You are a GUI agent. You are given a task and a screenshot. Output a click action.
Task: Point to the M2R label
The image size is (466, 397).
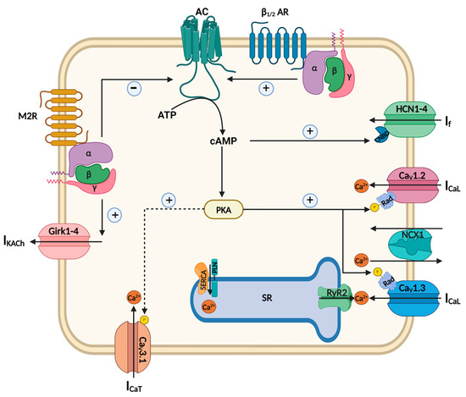point(40,116)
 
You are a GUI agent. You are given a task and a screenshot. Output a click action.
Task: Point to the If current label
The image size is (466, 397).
point(449,124)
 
